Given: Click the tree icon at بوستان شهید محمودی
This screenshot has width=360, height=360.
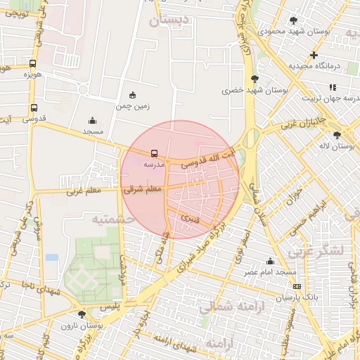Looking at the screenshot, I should click(293, 20).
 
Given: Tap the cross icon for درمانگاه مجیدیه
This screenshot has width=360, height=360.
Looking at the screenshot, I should click(314, 55).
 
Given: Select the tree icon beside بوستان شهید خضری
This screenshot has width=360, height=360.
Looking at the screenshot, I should click(254, 79).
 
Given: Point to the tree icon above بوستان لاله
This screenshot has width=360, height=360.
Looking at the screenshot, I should click(338, 134).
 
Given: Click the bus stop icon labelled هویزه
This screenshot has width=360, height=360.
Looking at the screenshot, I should click(33, 63).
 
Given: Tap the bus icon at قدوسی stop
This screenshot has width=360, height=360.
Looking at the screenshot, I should click(34, 108).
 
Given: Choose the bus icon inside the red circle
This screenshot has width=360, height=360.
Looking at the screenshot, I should click(154, 153).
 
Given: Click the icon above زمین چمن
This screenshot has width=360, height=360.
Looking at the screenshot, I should click(132, 95).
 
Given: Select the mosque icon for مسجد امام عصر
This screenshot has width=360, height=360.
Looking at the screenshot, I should click(271, 262).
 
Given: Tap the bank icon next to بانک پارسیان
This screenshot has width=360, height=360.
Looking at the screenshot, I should click(297, 287).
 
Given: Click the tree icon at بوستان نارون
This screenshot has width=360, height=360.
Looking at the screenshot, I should click(82, 314).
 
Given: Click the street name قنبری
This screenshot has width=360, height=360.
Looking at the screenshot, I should click(191, 218).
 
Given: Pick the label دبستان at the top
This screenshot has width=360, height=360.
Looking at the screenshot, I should click(169, 21).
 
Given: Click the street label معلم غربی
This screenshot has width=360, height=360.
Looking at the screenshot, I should click(85, 191).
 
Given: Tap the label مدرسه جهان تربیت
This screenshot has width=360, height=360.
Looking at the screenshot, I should click(331, 98).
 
